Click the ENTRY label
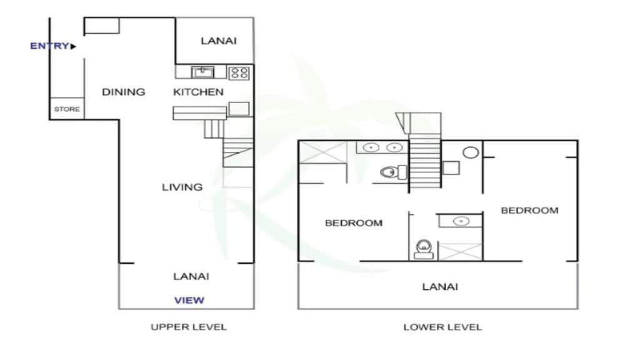[x=49, y=46]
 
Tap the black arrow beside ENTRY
[x=73, y=46]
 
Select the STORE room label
[x=66, y=109]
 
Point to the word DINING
[x=123, y=92]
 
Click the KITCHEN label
[x=198, y=92]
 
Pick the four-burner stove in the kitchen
[x=239, y=72]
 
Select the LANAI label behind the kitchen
[x=219, y=41]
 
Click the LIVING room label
[x=182, y=187]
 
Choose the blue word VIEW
[x=189, y=300]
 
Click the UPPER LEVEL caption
[x=188, y=327]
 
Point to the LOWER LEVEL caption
[x=442, y=327]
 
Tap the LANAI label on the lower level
[x=440, y=287]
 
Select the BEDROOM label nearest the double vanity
[x=353, y=223]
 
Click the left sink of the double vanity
[x=372, y=148]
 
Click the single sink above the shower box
[x=461, y=221]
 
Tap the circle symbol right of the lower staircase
[x=471, y=152]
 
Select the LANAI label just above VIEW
[x=191, y=276]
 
